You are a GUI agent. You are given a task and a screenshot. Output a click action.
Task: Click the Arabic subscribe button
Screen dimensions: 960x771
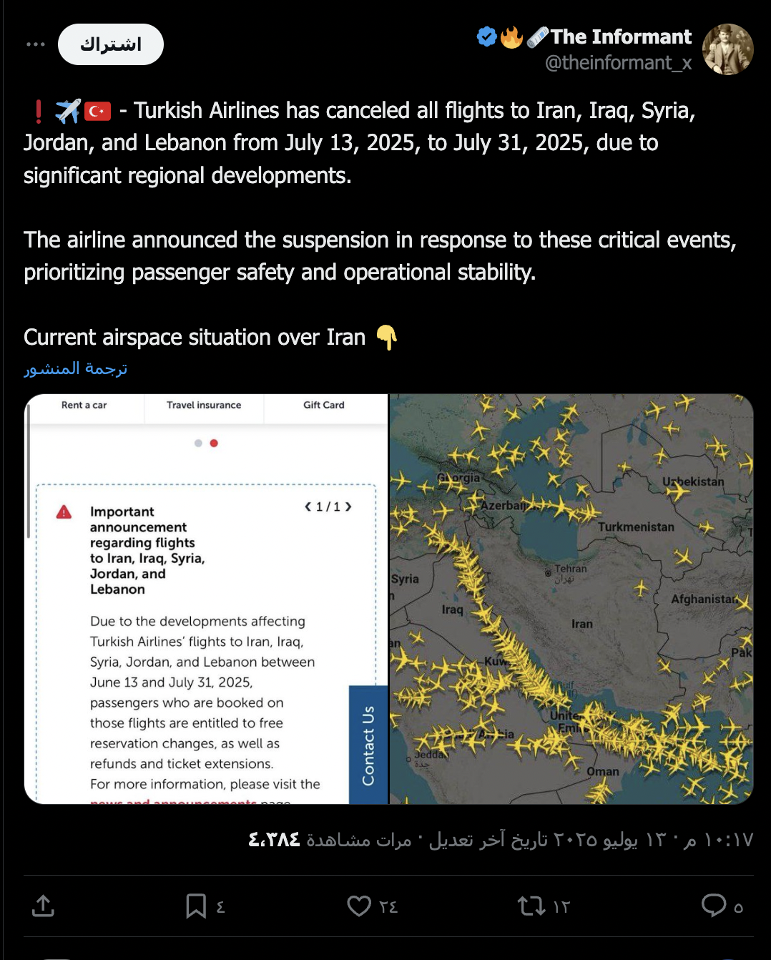click(111, 44)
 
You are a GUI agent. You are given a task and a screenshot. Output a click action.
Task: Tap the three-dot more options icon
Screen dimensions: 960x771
click(35, 44)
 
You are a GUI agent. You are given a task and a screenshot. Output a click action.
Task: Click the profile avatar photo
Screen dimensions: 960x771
click(727, 49)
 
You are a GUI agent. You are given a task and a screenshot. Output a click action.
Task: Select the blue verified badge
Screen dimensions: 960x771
click(487, 36)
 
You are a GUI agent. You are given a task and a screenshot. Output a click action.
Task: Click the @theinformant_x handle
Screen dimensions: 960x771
click(618, 63)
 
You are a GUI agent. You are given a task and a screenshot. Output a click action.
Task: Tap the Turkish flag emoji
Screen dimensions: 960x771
click(98, 111)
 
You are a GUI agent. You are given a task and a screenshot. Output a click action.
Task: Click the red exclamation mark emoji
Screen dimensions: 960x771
click(39, 111)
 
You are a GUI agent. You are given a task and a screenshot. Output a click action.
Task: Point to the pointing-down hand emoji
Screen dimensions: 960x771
click(386, 337)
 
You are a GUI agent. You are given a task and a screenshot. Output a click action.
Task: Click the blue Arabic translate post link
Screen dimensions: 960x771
click(76, 368)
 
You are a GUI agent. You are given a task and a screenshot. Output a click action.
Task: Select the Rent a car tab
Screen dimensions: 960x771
click(84, 405)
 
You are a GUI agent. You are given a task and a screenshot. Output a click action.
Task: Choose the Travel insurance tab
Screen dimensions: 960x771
click(204, 405)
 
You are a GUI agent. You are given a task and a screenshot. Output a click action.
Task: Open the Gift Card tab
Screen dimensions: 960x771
click(323, 405)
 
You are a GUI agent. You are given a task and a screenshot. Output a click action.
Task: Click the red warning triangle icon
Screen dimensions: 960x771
click(64, 512)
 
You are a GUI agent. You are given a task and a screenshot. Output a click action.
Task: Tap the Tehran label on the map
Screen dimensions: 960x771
click(570, 569)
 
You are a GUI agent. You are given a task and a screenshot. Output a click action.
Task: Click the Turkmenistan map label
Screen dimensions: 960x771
click(636, 527)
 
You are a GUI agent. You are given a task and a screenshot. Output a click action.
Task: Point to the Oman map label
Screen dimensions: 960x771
click(603, 772)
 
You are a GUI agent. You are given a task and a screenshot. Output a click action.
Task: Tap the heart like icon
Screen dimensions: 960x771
click(359, 906)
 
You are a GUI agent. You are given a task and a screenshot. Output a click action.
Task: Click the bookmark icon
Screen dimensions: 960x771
click(195, 906)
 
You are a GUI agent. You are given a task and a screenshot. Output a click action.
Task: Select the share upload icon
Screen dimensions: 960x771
click(43, 906)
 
